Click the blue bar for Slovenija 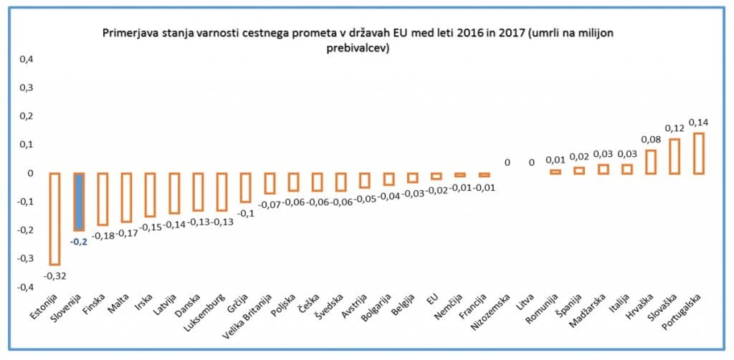(80, 202)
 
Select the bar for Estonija (54, 219)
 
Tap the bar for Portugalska (699, 153)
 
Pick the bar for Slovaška (675, 156)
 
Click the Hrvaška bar (650, 161)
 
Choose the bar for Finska (103, 199)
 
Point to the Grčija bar (245, 187)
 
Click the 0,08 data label (649, 140)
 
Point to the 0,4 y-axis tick (25, 60)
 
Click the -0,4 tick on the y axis (24, 287)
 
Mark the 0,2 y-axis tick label (25, 116)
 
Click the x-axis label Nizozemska (492, 313)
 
